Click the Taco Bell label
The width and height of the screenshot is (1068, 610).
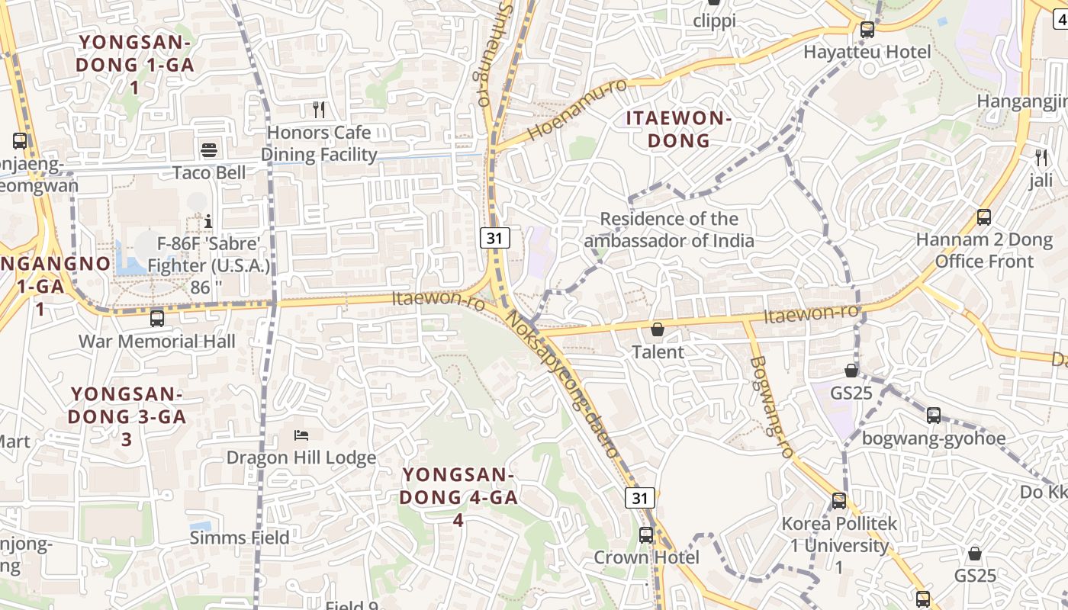tap(209, 172)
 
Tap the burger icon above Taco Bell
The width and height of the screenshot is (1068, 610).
tap(209, 149)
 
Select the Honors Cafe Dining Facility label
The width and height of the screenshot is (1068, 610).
tap(320, 143)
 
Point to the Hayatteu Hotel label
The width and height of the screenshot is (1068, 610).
tap(867, 52)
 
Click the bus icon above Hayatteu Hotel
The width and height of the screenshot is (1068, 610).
tap(867, 30)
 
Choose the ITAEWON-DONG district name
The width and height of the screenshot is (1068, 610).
tap(679, 129)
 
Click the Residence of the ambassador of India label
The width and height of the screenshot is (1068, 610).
tap(669, 230)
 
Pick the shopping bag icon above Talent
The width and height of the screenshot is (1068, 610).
tap(658, 329)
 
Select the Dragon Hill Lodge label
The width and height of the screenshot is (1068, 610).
tap(301, 457)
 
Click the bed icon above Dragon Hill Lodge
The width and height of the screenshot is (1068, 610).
tap(301, 435)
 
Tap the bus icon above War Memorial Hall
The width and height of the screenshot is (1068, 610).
tap(157, 319)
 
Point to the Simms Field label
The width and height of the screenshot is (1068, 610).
tap(240, 538)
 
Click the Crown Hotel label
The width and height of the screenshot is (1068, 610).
tap(647, 557)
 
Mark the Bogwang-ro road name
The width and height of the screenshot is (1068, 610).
tap(772, 407)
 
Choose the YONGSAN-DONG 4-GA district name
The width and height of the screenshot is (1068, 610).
tap(459, 497)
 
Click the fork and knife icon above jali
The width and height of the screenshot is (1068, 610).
tap(1041, 158)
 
